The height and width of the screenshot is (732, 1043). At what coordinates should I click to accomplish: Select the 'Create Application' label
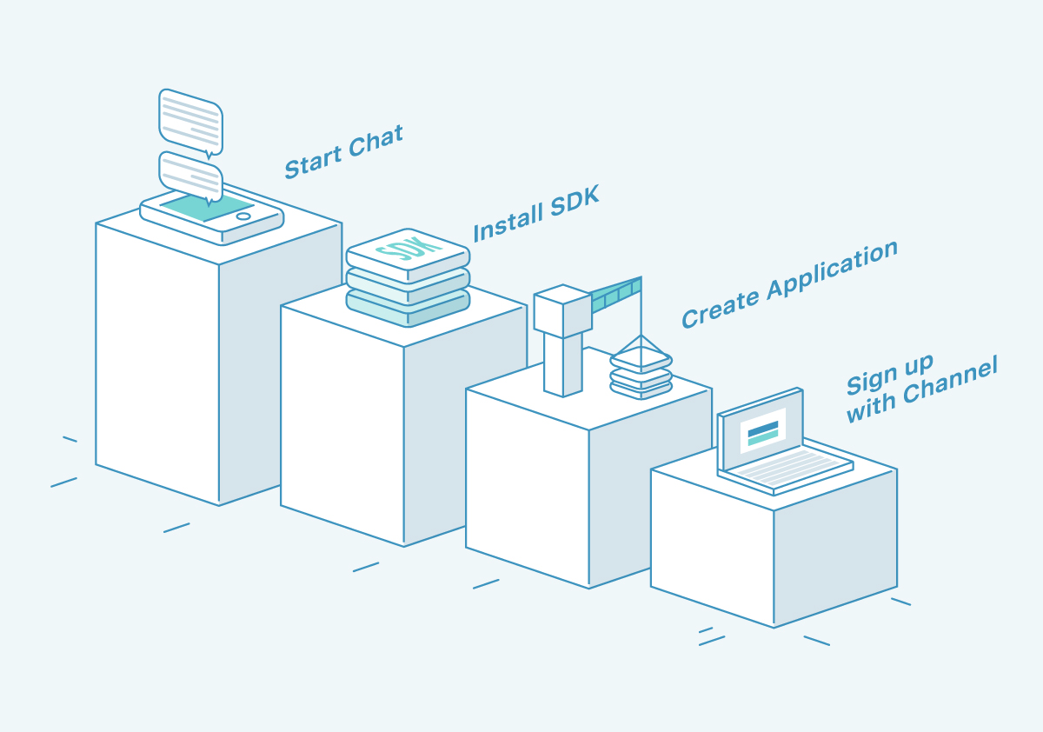tap(788, 284)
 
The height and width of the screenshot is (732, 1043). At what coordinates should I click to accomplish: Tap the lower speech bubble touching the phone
tap(190, 175)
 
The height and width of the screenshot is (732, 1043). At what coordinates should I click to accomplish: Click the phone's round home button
tap(243, 216)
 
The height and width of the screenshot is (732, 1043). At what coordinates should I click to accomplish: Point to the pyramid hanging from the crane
tap(641, 352)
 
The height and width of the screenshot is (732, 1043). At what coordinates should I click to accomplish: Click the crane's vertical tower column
tap(562, 364)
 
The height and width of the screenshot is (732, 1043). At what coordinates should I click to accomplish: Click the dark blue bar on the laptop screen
tap(762, 429)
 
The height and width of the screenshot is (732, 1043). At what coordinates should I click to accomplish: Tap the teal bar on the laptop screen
tap(763, 440)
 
